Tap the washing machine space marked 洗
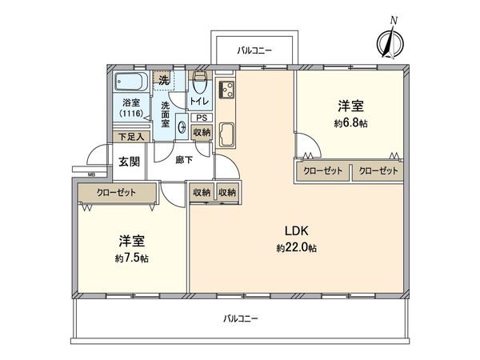point(164,79)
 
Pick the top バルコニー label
point(254,50)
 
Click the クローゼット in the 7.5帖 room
point(117,193)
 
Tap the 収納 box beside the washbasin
point(202,132)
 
